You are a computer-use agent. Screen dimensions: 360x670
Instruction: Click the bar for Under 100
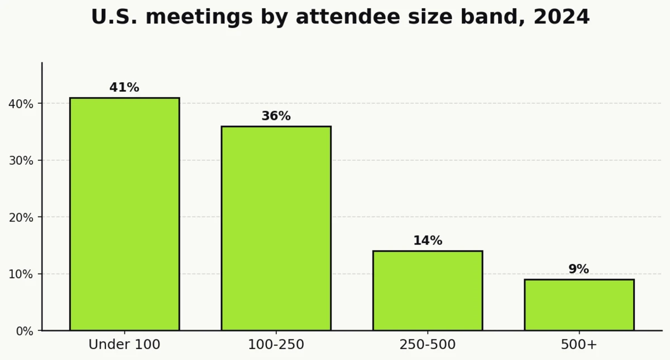(x=125, y=214)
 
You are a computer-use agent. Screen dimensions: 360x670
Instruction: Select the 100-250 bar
(x=276, y=228)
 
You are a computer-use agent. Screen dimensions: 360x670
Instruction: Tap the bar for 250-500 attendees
(x=428, y=291)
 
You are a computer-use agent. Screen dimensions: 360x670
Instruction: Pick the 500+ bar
(x=579, y=305)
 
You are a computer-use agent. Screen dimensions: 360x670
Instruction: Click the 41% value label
(x=125, y=88)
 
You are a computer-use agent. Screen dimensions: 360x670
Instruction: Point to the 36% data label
(x=276, y=116)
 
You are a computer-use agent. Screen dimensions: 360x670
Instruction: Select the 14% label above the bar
(x=428, y=241)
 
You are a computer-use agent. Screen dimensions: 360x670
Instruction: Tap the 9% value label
(x=579, y=269)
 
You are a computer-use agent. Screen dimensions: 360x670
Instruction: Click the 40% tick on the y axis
(x=21, y=104)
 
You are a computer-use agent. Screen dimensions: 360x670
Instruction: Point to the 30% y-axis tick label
(x=21, y=161)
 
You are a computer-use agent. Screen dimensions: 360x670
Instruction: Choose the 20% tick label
(x=21, y=217)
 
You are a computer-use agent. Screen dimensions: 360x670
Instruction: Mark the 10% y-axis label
(x=21, y=274)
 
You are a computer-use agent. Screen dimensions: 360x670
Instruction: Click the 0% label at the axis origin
(x=24, y=331)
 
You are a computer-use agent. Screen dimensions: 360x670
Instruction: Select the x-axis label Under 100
(x=125, y=345)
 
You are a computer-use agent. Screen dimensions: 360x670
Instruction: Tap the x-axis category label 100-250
(x=276, y=345)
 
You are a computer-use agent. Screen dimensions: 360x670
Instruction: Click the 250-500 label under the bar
(x=428, y=345)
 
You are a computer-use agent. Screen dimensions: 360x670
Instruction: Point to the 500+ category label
(x=579, y=345)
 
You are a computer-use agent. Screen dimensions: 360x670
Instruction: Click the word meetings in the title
(x=200, y=17)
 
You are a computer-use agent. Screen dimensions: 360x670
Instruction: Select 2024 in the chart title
(x=561, y=17)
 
